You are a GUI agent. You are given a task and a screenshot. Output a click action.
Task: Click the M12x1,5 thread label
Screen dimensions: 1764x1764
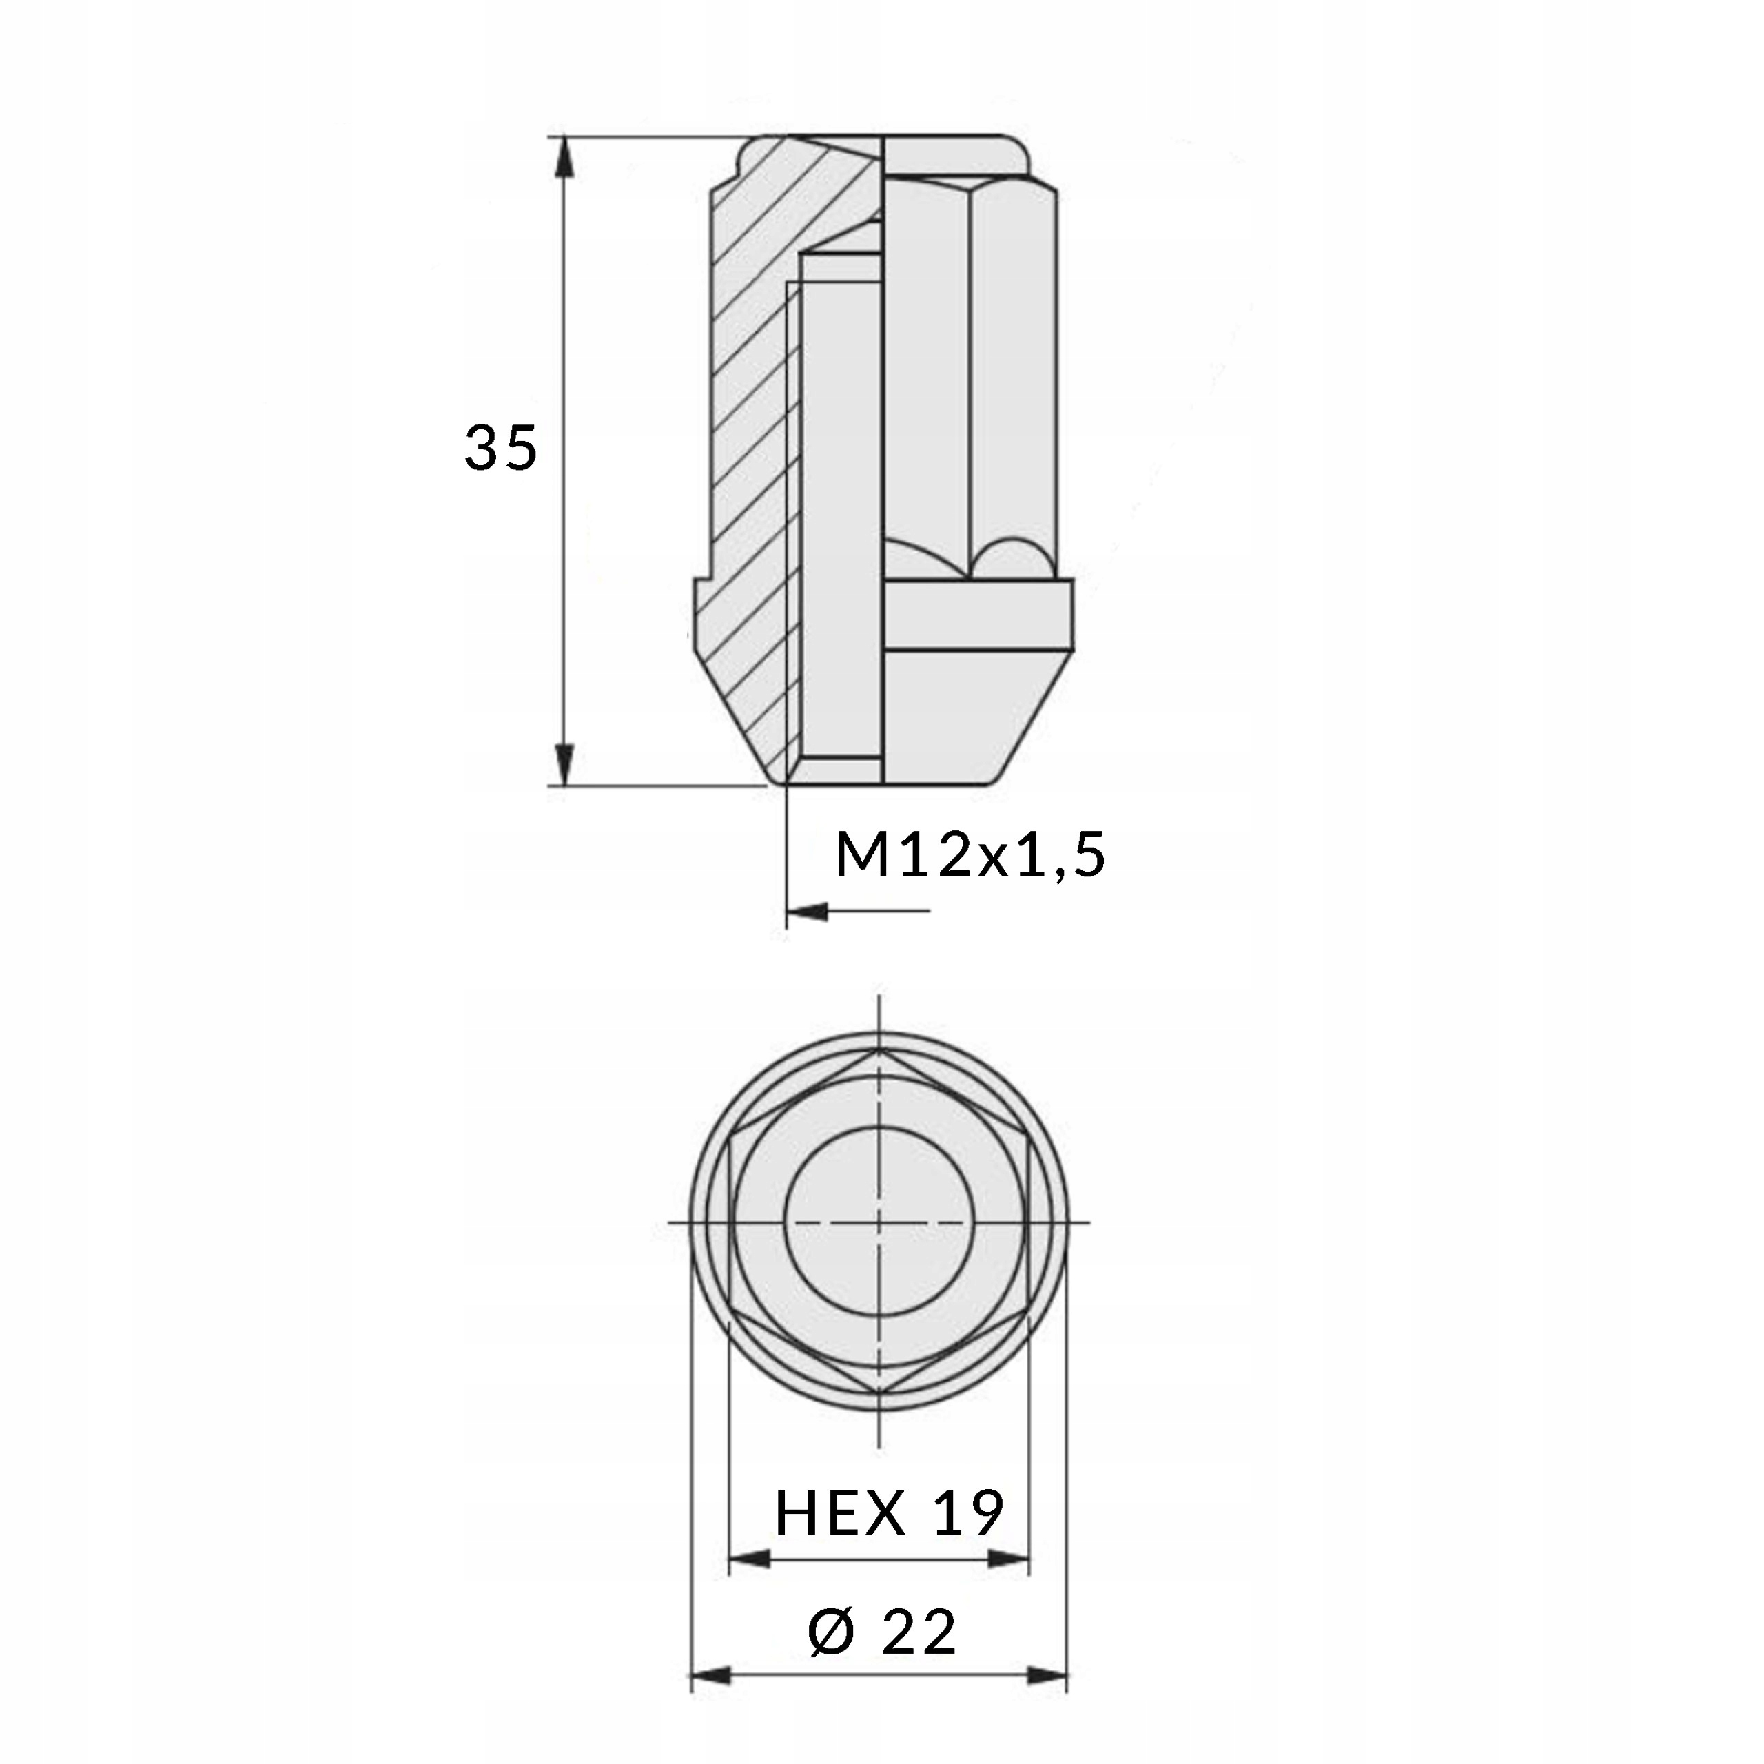(970, 857)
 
